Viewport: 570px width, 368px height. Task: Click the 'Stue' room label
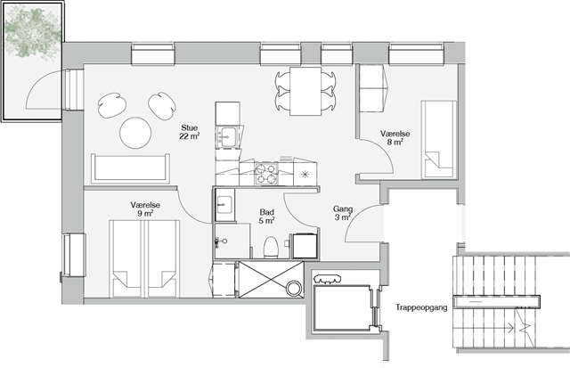click(x=190, y=128)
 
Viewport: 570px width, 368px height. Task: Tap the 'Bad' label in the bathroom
click(x=267, y=212)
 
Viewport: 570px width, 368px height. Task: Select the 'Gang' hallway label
click(x=343, y=209)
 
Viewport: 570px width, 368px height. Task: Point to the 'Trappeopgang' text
click(x=421, y=307)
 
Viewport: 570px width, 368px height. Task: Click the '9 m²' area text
click(x=145, y=214)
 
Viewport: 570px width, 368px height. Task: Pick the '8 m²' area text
click(x=395, y=142)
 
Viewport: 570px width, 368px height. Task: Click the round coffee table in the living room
click(x=135, y=133)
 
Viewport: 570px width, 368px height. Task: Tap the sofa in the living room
click(x=131, y=168)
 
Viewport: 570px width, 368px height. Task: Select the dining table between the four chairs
click(x=305, y=91)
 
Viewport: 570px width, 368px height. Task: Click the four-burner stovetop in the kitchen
click(x=266, y=174)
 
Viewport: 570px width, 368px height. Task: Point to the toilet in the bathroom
click(x=271, y=248)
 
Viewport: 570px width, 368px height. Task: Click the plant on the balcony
click(x=33, y=32)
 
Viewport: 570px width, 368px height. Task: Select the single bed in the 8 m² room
click(x=439, y=140)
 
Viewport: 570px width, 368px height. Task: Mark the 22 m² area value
click(x=190, y=136)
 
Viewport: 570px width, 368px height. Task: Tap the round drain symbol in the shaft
click(x=294, y=289)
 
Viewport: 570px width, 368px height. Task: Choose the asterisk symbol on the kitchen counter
click(x=305, y=174)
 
